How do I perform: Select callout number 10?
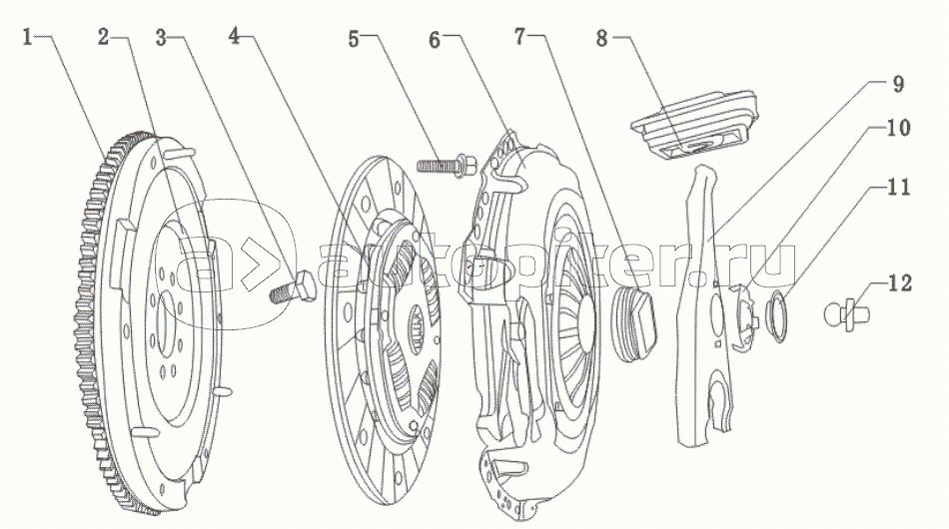[x=896, y=129]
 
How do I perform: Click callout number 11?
[x=896, y=185]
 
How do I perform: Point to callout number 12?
[x=896, y=284]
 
